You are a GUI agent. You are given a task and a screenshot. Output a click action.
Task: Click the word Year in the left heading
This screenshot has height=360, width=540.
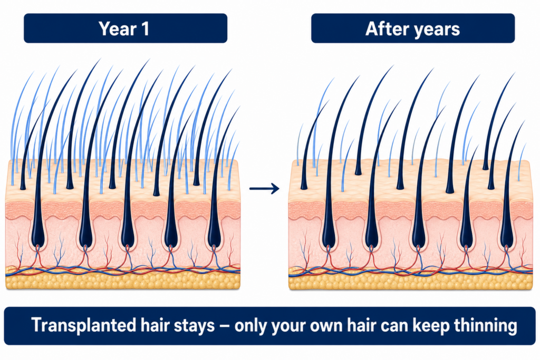pyautogui.click(x=117, y=28)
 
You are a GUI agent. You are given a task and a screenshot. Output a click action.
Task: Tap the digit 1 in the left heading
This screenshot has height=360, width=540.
pyautogui.click(x=146, y=28)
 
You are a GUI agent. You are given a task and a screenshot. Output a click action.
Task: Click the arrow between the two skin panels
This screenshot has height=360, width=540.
pyautogui.click(x=264, y=188)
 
